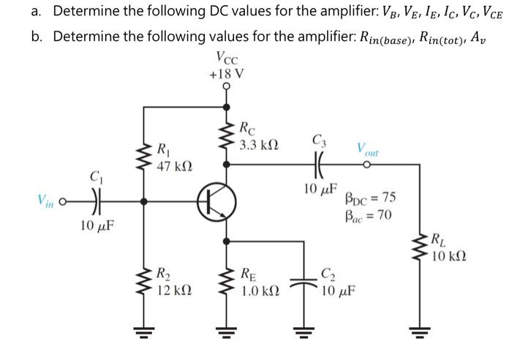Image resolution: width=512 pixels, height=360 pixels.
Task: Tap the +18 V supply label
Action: tap(226, 73)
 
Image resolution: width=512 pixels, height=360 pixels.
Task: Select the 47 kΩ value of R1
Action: tap(173, 165)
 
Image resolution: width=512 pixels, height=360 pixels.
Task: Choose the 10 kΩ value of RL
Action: tap(448, 256)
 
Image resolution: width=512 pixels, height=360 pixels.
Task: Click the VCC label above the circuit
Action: tap(226, 59)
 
